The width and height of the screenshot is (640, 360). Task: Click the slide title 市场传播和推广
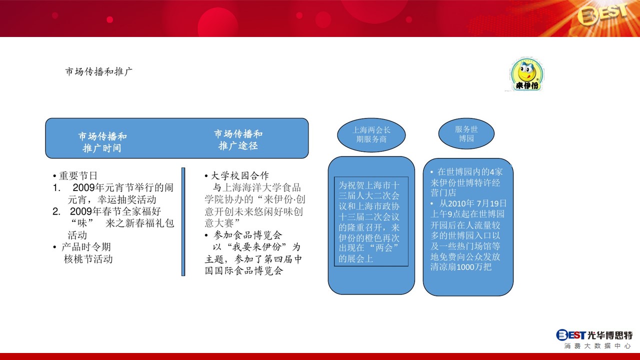98,71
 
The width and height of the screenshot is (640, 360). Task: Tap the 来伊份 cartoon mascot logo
527,74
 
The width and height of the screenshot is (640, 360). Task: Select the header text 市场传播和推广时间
102,142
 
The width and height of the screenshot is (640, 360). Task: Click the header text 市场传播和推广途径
238,140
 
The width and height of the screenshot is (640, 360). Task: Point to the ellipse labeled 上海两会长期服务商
371,135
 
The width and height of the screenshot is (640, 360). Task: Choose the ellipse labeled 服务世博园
466,133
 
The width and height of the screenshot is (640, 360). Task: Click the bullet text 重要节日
78,175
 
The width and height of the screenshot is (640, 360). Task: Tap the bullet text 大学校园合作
240,175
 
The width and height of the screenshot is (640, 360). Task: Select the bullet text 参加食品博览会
247,235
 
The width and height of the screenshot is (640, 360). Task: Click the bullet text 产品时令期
86,247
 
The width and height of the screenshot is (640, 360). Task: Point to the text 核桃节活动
88,259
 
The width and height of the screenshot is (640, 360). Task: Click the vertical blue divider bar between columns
183,221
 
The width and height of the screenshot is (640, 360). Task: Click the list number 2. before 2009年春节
56,211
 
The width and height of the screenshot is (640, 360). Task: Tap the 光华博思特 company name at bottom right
610,335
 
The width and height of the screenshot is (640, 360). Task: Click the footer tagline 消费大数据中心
597,346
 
